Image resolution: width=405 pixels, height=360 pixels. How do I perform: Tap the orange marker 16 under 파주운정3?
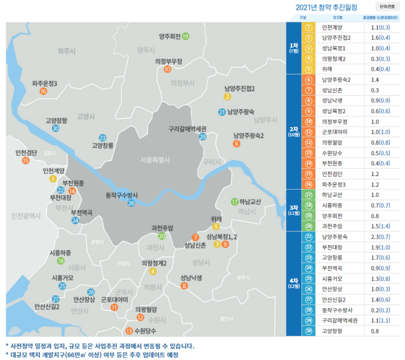coord(43,91)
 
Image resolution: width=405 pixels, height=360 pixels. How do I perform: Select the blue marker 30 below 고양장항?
coord(55,128)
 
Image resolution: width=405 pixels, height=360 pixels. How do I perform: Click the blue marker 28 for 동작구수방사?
coord(131,203)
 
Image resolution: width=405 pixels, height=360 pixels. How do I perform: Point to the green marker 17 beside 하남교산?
coord(235,201)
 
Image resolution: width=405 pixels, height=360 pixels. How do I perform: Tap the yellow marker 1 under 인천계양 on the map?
coord(53,179)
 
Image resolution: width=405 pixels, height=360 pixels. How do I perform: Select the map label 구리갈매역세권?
coord(187,128)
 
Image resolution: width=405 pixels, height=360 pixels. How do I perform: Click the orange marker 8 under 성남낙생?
coord(184,286)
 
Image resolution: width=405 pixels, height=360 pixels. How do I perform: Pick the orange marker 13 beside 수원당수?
coord(129,331)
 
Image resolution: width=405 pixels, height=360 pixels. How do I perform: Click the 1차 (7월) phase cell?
coord(294,48)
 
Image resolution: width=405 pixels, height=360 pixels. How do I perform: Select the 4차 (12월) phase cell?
coord(294,284)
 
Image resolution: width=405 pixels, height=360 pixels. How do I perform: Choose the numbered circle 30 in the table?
coord(308,331)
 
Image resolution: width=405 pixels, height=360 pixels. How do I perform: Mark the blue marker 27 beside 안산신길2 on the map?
coord(55,299)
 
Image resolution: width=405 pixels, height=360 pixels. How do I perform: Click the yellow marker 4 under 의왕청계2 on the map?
coord(153,272)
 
